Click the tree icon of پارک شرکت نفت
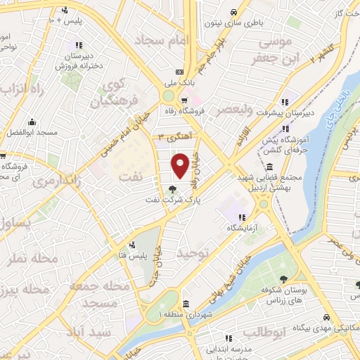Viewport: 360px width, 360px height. coord(173,188)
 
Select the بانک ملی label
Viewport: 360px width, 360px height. coord(179,83)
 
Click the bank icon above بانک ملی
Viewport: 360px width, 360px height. coord(179,72)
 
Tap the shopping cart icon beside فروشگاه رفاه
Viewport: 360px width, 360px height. coord(184,101)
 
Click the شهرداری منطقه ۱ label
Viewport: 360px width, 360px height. coord(186,314)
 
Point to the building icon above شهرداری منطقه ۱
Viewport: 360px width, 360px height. coord(186,304)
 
